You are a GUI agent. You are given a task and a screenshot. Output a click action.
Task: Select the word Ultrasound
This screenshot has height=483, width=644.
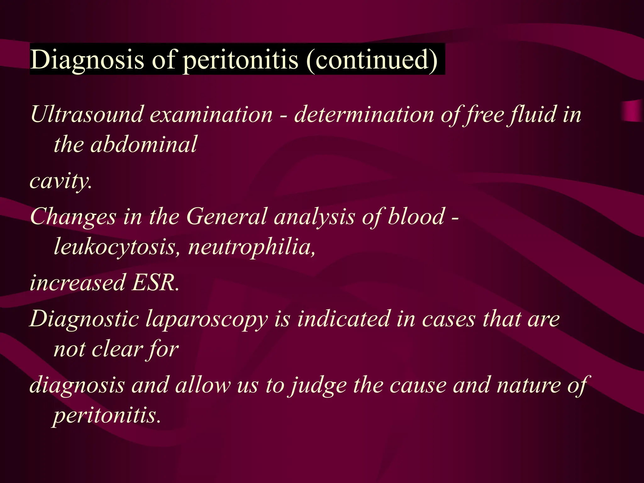pos(86,114)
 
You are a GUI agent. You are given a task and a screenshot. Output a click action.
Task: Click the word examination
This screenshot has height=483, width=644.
pos(211,114)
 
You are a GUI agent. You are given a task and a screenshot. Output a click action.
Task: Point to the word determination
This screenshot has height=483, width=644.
pos(363,114)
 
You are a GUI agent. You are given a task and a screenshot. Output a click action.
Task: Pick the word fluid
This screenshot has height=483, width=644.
pos(533,114)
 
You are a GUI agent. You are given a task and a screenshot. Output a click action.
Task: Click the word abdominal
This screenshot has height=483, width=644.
pos(143,145)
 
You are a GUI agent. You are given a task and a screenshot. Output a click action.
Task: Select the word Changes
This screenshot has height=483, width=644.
pos(73,217)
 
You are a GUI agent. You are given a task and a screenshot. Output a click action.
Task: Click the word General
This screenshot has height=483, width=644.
pos(226,217)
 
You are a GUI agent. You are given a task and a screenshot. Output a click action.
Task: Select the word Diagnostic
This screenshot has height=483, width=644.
pos(84,319)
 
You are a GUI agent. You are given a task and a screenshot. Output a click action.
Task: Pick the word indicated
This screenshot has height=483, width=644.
pos(343,319)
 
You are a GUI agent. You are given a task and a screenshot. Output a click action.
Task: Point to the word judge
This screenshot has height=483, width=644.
pos(318,386)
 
